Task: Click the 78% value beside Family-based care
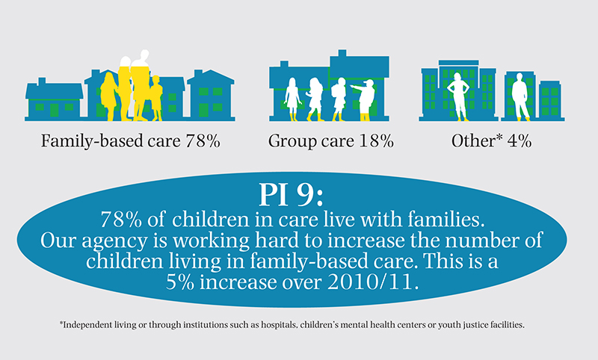tap(201, 140)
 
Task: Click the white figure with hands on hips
tap(457, 93)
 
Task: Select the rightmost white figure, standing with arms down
tap(520, 96)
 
